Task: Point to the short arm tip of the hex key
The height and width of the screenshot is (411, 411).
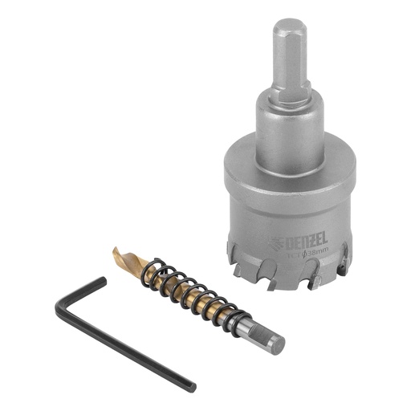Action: (x=102, y=281)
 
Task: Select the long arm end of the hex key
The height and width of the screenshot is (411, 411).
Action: (x=191, y=388)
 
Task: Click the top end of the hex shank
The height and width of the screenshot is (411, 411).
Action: (x=290, y=26)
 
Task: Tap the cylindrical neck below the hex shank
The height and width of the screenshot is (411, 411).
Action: (x=289, y=128)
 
